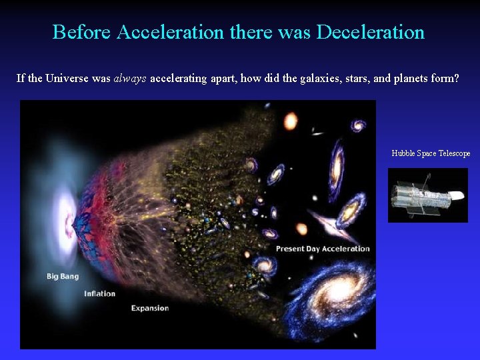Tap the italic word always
pyautogui.click(x=131, y=79)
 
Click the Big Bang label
pyautogui.click(x=62, y=275)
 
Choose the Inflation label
pyautogui.click(x=99, y=293)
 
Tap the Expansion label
pyautogui.click(x=150, y=308)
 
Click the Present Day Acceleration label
pyautogui.click(x=323, y=249)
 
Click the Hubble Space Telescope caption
pyautogui.click(x=431, y=153)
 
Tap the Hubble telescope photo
pyautogui.click(x=427, y=195)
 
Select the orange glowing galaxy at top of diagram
pyautogui.click(x=291, y=121)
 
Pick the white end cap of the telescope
pyautogui.click(x=457, y=195)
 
